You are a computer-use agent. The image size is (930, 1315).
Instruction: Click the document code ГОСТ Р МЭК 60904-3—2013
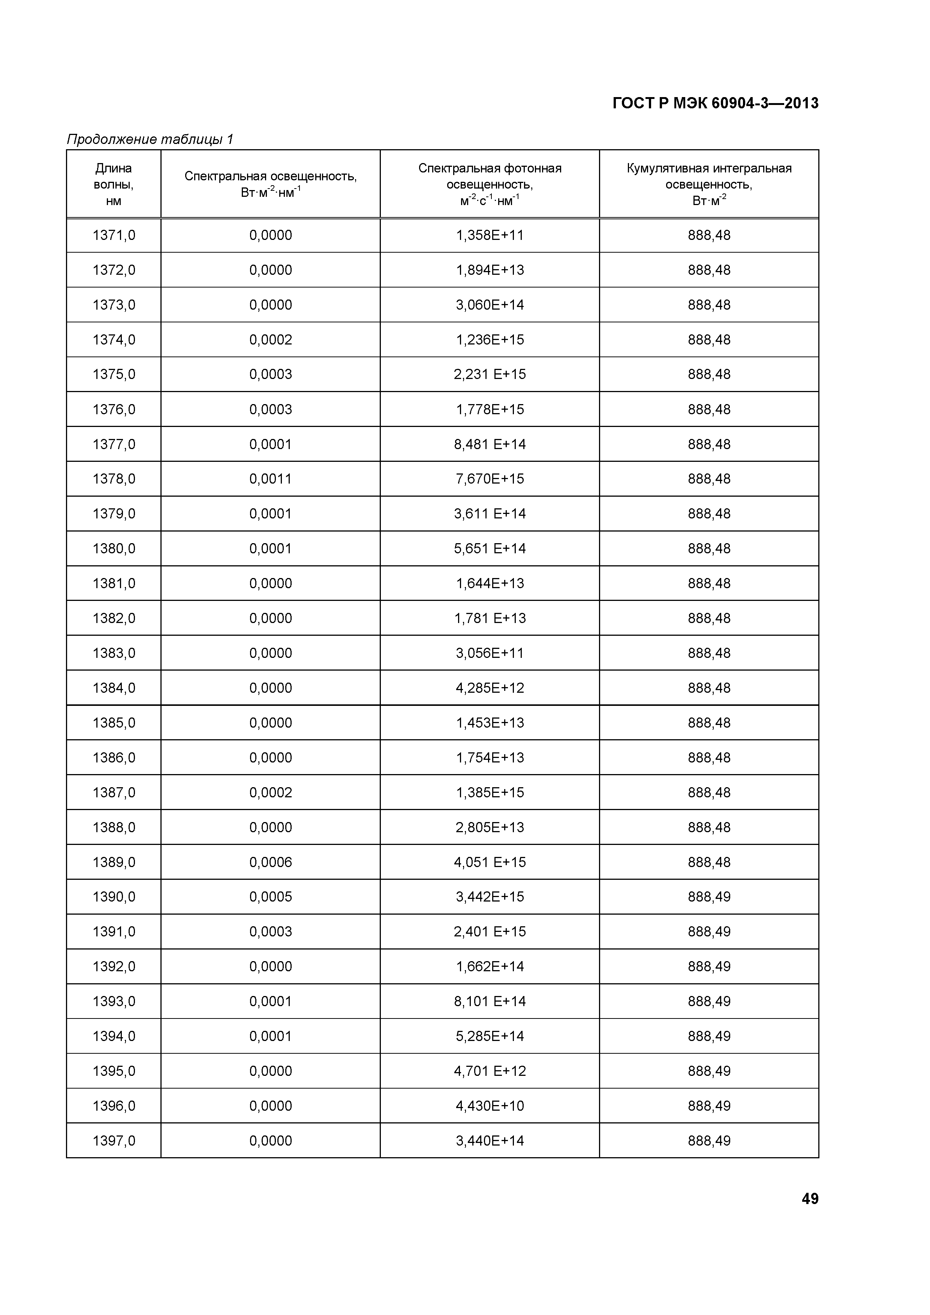[715, 103]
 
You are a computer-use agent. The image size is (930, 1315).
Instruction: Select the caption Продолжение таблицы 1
[150, 139]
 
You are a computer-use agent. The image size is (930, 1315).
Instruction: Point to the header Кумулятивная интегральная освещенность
[709, 184]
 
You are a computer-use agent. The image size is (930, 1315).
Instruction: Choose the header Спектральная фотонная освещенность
[490, 184]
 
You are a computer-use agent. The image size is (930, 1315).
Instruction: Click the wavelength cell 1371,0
[114, 235]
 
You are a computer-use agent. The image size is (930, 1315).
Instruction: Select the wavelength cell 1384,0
[114, 688]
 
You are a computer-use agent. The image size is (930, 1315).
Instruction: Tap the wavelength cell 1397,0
[114, 1140]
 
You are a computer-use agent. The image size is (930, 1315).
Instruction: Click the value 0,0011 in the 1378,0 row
[270, 479]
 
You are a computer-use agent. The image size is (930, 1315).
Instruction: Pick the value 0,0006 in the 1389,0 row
[270, 862]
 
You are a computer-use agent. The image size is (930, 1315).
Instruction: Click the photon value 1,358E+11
[490, 235]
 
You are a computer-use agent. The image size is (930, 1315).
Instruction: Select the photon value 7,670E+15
[490, 479]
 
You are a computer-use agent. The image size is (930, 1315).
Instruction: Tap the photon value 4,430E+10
[490, 1105]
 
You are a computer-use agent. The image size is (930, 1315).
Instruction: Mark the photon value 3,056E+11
[490, 653]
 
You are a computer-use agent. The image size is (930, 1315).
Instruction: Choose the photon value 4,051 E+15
[490, 862]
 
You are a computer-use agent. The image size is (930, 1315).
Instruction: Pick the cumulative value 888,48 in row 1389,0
[709, 862]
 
